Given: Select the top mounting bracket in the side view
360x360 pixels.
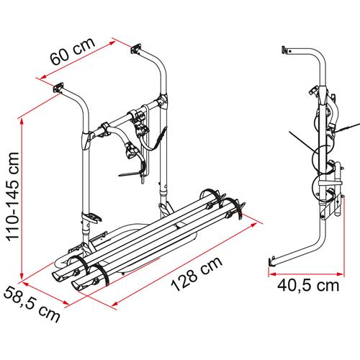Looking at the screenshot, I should (x=287, y=51).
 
